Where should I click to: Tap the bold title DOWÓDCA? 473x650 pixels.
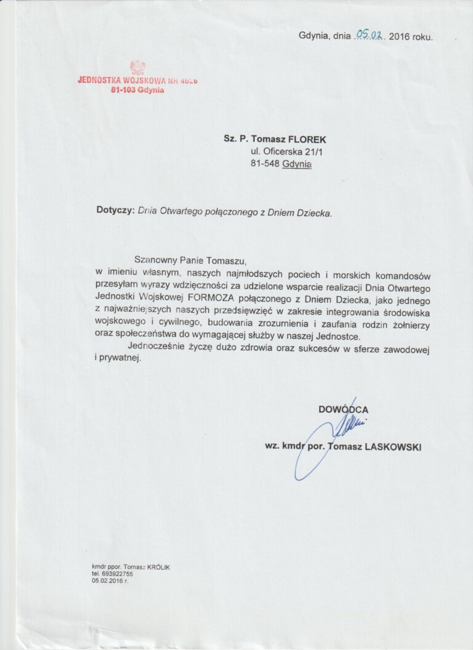pyautogui.click(x=344, y=409)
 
